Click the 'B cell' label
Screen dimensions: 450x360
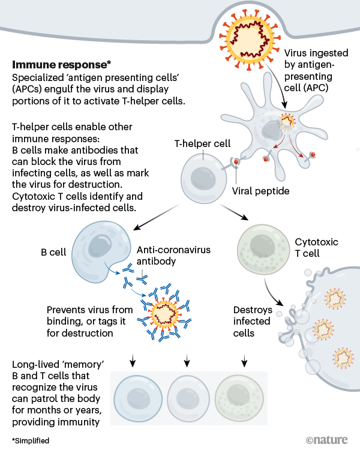[x=50, y=253]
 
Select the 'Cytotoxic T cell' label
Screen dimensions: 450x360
[x=316, y=248]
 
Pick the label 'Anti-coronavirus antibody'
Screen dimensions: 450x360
[x=173, y=255]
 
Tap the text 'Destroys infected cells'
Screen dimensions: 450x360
[x=253, y=322]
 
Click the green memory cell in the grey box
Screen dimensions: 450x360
[x=240, y=400]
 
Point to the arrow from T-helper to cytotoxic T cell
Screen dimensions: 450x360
[x=234, y=213]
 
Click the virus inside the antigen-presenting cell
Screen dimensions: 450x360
[x=287, y=124]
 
